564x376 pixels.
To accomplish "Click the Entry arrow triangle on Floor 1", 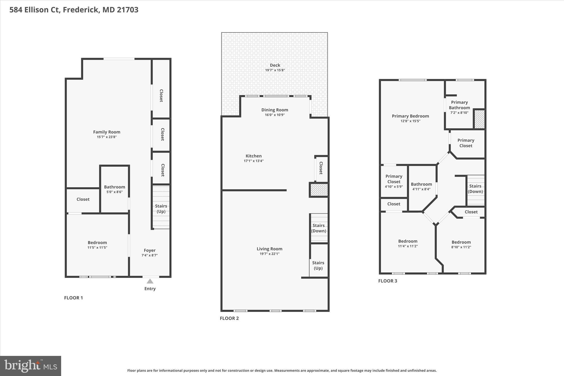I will click(x=150, y=281).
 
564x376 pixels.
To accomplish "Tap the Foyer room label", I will click(x=150, y=250).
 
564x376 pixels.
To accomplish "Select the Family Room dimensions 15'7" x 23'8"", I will click(x=107, y=137).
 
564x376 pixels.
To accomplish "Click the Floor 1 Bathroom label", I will click(x=115, y=187).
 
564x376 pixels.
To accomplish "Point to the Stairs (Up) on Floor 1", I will click(x=161, y=209).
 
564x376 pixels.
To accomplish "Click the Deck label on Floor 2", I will click(x=275, y=65).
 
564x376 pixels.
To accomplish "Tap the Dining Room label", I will click(x=275, y=110).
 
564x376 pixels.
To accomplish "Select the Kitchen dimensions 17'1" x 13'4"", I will click(x=254, y=161).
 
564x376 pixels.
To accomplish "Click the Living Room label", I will click(x=269, y=249).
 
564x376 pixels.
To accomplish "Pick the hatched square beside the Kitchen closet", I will click(x=319, y=190).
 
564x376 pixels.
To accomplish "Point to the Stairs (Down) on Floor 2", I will click(x=319, y=228).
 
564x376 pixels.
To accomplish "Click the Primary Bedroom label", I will click(x=410, y=116).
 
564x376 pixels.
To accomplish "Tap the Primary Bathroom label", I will click(x=459, y=105).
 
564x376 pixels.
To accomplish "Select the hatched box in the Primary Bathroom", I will click(x=479, y=119).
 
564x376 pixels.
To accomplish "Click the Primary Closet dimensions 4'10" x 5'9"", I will click(x=394, y=187).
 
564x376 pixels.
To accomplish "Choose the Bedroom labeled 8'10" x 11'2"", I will click(x=461, y=244).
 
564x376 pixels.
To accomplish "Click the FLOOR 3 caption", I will click(x=387, y=281).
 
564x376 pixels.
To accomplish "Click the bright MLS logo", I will click(x=31, y=366).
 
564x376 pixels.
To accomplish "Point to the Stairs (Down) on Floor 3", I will click(x=475, y=189).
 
